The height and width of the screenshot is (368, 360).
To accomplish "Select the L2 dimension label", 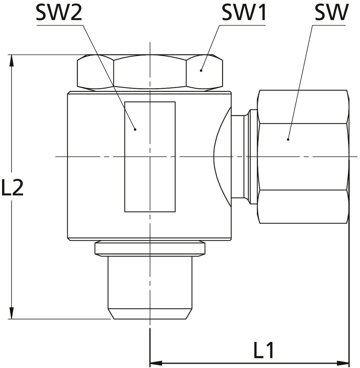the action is (x=12, y=187).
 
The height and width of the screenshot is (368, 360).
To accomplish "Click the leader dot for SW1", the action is (x=201, y=70).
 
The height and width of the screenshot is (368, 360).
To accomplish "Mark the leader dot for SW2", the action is (x=135, y=129).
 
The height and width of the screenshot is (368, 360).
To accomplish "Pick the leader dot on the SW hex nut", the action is (x=288, y=139).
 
